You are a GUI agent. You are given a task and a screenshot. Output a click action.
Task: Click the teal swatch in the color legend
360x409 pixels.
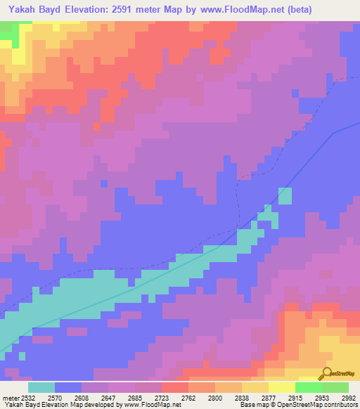41,387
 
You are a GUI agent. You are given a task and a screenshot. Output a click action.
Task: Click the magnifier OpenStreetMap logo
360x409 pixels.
326,375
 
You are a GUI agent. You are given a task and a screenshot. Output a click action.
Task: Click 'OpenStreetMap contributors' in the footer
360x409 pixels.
321,404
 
